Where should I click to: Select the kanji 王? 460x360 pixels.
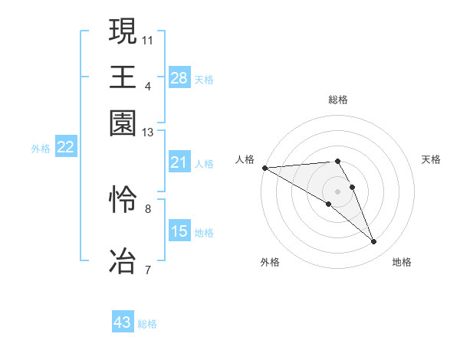tap(123, 77)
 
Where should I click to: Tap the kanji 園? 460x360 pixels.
tap(123, 123)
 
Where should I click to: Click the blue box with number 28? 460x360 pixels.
tap(179, 77)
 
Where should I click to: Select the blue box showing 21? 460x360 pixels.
tap(179, 162)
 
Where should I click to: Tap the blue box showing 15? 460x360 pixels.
tap(179, 231)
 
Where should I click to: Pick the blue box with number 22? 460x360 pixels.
tap(65, 147)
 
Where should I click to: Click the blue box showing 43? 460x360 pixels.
tap(123, 322)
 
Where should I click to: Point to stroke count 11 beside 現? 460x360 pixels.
tap(148, 38)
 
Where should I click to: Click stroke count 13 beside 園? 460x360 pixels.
tap(148, 133)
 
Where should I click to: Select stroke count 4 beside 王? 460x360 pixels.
tap(148, 86)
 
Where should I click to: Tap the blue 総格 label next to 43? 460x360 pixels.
tap(148, 324)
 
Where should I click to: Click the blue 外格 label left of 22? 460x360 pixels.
tap(40, 149)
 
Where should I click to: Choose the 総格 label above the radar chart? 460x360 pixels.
tap(338, 100)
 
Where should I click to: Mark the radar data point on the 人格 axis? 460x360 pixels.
tap(264, 168)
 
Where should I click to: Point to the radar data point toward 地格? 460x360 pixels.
tap(374, 242)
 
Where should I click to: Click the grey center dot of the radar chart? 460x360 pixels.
tap(338, 190)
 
